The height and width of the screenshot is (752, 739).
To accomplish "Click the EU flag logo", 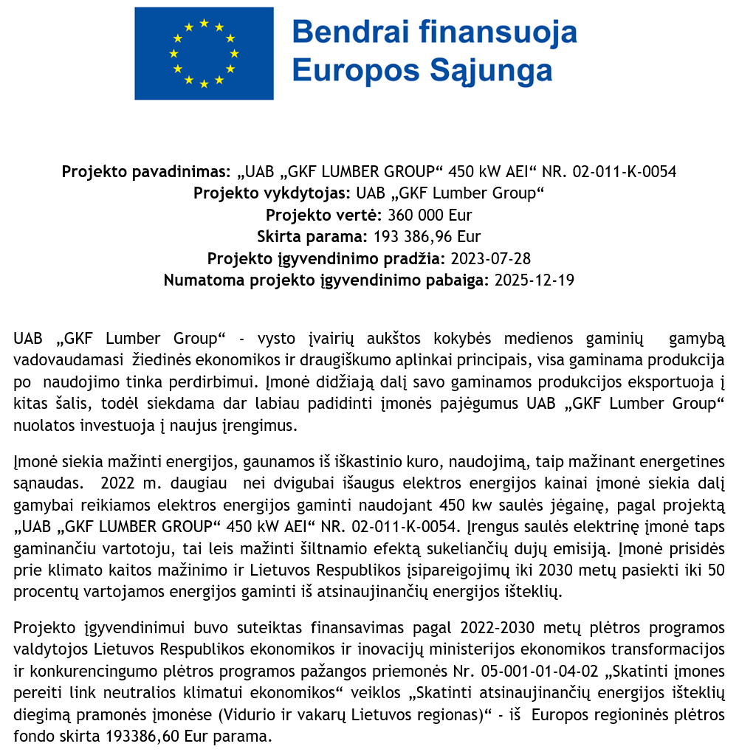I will point(204,53).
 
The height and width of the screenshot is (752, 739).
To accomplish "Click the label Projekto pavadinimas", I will point(146,172).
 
